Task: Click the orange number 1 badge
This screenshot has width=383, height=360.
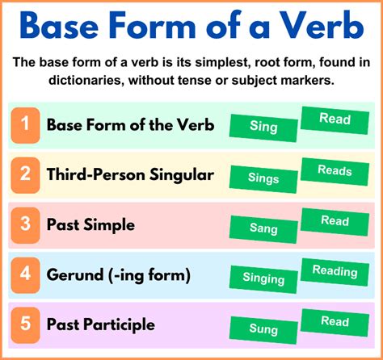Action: [26, 124]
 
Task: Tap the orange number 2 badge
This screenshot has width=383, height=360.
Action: [26, 174]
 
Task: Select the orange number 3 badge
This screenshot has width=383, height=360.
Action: [26, 224]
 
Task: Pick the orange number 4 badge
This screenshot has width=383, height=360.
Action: [26, 274]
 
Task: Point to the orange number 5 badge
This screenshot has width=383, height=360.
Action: [26, 324]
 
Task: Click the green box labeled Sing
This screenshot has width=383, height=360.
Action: [263, 127]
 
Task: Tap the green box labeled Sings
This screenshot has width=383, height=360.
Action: [263, 178]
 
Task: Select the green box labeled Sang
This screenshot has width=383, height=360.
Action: [263, 228]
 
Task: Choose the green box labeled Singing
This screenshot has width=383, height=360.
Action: [263, 279]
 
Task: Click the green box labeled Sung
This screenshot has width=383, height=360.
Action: [263, 329]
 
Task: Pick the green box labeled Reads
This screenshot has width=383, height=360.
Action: [335, 170]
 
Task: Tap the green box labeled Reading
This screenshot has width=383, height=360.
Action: [335, 270]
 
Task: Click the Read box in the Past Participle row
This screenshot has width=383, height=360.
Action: [335, 321]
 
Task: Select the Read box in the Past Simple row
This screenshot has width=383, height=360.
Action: [335, 220]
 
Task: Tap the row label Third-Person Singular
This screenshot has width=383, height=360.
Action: [130, 174]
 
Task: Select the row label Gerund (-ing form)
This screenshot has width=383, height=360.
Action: [118, 274]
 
